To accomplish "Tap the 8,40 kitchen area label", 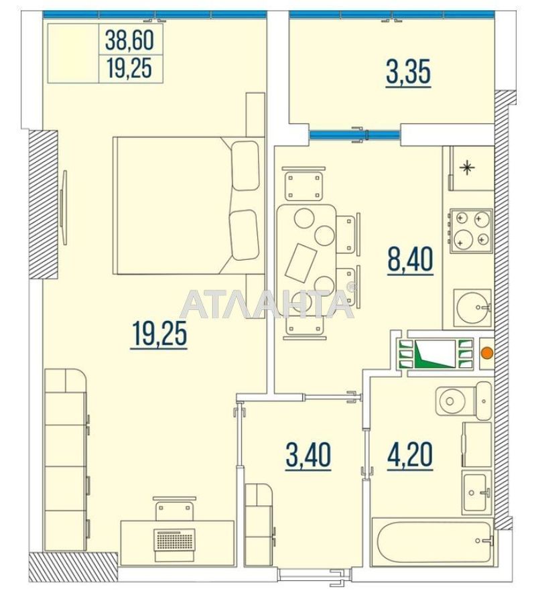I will pos(410,259).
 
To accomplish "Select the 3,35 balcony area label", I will pos(407,72).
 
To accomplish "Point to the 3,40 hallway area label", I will pos(308,456).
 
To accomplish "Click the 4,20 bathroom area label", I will pos(410,456).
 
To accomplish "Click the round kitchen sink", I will pos(472,308).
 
